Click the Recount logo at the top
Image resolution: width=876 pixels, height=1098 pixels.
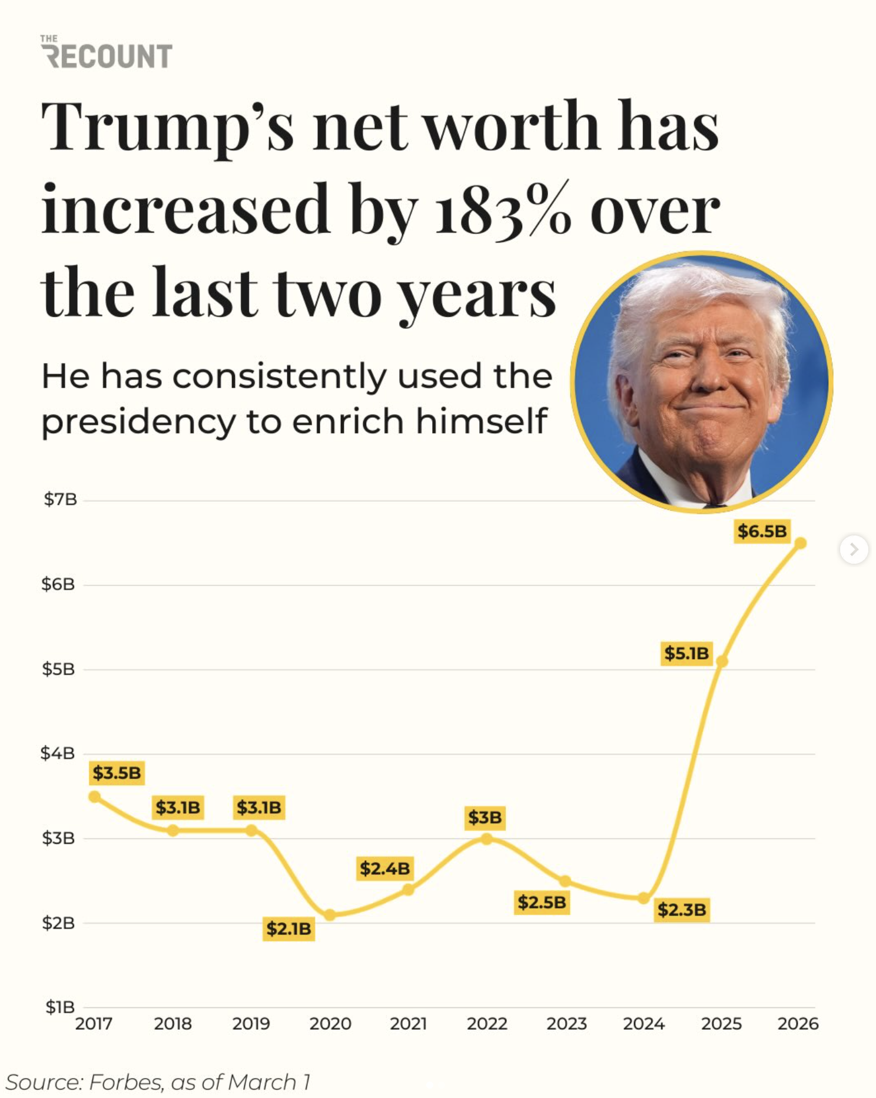coord(107,53)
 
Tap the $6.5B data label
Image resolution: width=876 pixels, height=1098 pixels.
coord(762,531)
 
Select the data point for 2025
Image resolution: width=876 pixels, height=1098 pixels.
coord(722,661)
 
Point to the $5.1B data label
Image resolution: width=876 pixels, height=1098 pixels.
coord(686,653)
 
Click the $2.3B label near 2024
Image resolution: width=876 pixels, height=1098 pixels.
coord(682,910)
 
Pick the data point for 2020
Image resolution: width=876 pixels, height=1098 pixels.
coord(330,915)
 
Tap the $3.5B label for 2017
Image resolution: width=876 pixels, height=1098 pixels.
coord(117,773)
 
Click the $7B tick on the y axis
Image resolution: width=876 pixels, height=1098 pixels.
coord(60,500)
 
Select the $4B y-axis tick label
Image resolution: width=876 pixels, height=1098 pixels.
coord(58,753)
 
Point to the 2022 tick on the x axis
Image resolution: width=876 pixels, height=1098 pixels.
coord(487,1024)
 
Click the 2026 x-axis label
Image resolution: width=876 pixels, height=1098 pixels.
coord(798,1024)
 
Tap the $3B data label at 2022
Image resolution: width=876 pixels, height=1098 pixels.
coord(485,817)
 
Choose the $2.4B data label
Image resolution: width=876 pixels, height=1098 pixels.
coord(385,868)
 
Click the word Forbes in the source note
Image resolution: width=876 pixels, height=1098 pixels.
coord(125,1082)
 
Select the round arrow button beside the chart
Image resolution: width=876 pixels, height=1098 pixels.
coord(854,550)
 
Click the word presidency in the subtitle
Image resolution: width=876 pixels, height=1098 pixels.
coord(138,422)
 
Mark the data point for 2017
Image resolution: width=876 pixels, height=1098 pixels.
coord(94,797)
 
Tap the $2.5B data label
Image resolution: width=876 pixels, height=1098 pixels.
coord(542,901)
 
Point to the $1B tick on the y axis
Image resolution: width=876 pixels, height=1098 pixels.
coord(60,1007)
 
